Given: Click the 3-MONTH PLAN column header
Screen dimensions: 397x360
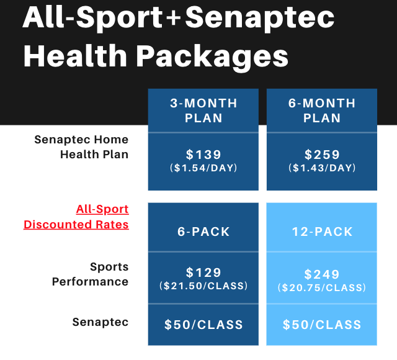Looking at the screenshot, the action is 203,110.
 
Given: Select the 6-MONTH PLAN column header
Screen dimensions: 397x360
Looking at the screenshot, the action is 322,110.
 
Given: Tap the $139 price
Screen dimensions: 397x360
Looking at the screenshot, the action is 203,155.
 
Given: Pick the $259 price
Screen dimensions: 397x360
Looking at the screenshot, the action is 322,155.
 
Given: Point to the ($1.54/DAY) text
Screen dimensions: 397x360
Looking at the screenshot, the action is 203,168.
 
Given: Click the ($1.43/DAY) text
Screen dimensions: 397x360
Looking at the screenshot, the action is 322,168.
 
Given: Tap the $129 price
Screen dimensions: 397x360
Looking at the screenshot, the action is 203,272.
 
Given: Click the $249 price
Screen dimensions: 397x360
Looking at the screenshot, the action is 322,274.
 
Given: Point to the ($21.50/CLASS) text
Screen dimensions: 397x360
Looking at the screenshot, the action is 203,286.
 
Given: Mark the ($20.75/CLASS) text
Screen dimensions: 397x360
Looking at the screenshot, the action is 322,287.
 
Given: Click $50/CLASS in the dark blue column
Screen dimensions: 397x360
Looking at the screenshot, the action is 203,325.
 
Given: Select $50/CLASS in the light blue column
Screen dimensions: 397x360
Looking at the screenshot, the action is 322,325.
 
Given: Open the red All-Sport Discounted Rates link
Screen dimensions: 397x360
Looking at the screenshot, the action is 76,217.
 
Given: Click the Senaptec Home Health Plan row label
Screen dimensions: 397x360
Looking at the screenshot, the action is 81,147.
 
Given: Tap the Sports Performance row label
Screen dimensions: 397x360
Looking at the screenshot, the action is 90,274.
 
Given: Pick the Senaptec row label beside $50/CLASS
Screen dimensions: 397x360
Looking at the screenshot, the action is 100,322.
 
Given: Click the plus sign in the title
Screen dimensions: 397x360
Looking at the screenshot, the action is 174,18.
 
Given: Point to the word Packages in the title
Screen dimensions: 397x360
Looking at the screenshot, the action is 213,57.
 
